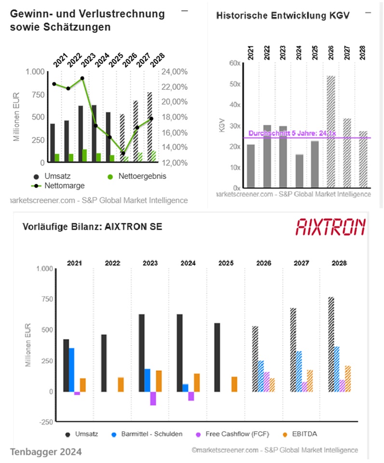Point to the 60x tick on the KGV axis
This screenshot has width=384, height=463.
coord(235,63)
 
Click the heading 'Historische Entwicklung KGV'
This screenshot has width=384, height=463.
coord(283,15)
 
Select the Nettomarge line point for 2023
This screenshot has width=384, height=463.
coord(82,78)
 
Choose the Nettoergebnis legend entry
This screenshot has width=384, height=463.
coord(136,177)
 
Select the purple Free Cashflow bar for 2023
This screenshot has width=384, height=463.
coord(153,398)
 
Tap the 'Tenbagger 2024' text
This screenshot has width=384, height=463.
coord(46,452)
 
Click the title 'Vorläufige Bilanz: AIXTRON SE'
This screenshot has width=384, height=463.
coord(92,227)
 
